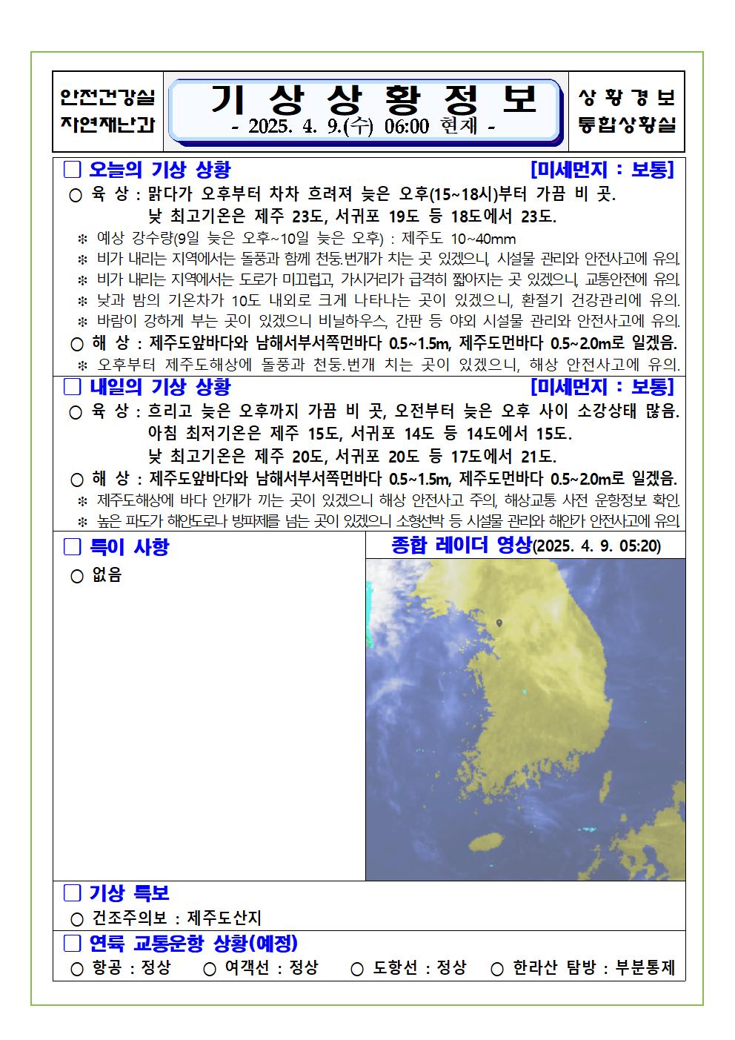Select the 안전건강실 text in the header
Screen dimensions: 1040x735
[107, 97]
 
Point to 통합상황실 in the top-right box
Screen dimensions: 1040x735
[627, 124]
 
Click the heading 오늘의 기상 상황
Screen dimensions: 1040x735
[159, 170]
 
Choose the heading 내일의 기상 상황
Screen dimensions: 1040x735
[159, 387]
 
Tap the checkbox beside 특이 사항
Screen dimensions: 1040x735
[72, 547]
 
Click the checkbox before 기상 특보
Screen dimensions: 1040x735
[72, 892]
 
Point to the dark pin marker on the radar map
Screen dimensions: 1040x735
[500, 624]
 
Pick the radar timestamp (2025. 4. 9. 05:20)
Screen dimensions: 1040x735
[597, 547]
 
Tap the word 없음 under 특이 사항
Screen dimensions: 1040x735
[107, 575]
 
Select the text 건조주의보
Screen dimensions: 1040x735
[130, 918]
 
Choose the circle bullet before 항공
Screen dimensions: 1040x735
[77, 969]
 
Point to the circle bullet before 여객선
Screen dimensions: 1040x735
[210, 969]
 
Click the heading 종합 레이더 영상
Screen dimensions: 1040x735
[461, 546]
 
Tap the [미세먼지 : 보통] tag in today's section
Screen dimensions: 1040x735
[602, 170]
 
